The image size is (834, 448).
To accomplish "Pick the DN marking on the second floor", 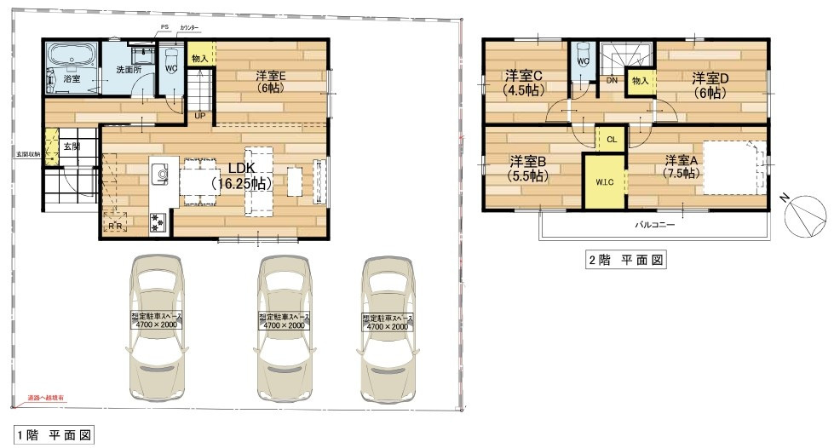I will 612,81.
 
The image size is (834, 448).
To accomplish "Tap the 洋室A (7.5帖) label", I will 682,166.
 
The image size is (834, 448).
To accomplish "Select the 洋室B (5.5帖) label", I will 528,167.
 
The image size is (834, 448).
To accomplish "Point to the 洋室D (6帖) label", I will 710,83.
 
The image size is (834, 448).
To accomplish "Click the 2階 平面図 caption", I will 625,261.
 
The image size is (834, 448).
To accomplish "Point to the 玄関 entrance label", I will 72,146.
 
